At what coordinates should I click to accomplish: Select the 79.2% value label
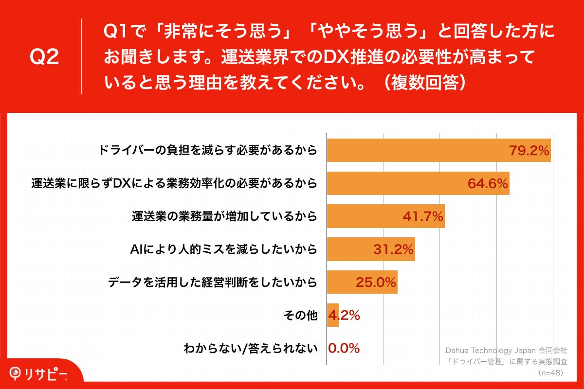click(529, 150)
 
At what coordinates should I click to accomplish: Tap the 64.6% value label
click(488, 183)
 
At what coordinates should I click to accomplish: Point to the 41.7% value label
click(423, 216)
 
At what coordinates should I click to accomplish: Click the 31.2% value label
click(393, 249)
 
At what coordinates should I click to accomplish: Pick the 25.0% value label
click(376, 282)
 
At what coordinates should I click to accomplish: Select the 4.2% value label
click(345, 315)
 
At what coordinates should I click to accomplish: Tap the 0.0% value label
click(344, 348)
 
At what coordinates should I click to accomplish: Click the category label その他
click(300, 315)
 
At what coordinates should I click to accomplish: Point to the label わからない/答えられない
click(251, 348)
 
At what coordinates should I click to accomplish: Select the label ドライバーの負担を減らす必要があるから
click(208, 150)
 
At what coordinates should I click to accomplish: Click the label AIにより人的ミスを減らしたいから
click(224, 249)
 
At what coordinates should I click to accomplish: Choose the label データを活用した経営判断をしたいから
click(213, 282)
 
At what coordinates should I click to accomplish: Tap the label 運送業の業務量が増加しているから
click(224, 216)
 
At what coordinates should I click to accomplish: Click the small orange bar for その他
click(333, 315)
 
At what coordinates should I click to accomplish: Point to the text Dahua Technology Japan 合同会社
click(507, 350)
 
